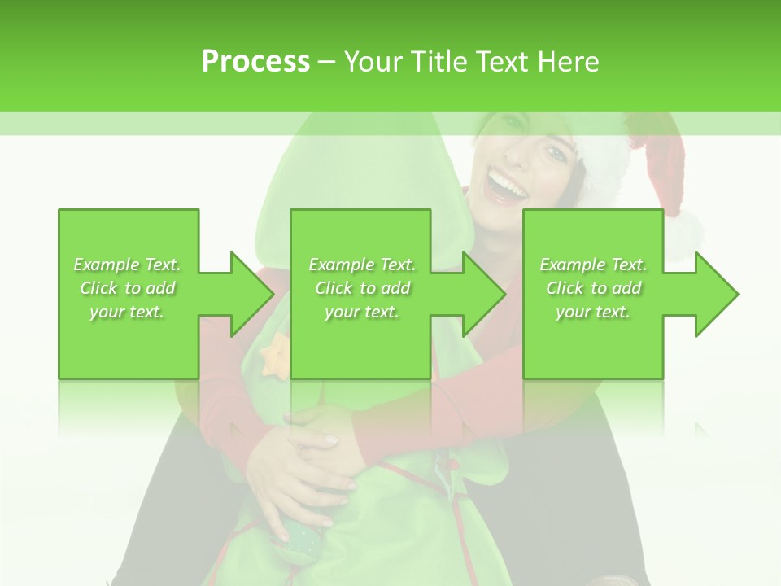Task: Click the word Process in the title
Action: [255, 62]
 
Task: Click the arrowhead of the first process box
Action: [253, 294]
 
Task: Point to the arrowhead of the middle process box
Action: [485, 294]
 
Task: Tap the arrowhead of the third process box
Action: [717, 294]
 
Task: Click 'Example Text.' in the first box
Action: [128, 265]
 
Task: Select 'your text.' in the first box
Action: [128, 312]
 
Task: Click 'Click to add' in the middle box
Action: [362, 288]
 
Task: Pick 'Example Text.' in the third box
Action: [593, 265]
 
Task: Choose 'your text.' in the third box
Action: [593, 312]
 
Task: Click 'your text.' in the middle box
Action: [362, 312]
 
